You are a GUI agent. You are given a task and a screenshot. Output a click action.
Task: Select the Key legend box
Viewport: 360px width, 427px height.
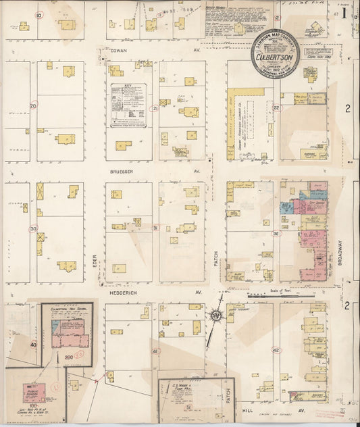[x=128, y=105]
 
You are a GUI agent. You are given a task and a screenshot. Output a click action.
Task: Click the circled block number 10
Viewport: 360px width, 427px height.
[x=38, y=15]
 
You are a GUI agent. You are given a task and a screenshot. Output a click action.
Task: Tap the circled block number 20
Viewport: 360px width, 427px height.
[x=33, y=105]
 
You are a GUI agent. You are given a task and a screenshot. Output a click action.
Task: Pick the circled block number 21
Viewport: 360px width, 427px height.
[x=155, y=108]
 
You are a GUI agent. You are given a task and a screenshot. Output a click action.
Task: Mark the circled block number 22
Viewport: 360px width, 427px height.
[x=276, y=107]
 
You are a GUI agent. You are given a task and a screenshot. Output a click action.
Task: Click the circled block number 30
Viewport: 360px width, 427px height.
[x=33, y=228]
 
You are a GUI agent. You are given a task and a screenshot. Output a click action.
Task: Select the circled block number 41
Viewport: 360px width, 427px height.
[x=155, y=351]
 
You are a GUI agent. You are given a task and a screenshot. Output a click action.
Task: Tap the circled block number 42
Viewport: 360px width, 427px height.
[x=276, y=349]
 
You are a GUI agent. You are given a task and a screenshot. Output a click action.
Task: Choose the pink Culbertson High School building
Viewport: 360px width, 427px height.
[x=70, y=338]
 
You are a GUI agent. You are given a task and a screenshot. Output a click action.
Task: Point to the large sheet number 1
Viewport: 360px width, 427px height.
[x=344, y=12]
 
